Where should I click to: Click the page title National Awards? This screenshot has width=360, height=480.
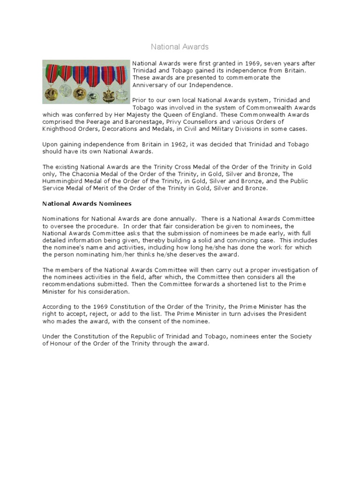(180, 47)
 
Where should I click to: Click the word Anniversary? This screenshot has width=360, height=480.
(149, 85)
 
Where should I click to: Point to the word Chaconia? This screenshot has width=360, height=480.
(84, 174)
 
